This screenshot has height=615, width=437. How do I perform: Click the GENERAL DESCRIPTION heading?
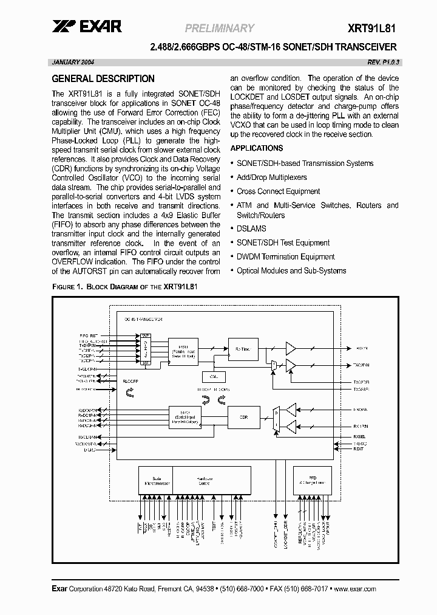pyautogui.click(x=103, y=78)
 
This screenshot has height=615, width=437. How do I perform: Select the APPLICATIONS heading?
pyautogui.click(x=257, y=148)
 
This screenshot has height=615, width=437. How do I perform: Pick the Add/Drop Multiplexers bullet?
pyautogui.click(x=271, y=177)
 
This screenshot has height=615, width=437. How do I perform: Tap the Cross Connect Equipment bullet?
pyautogui.click(x=279, y=191)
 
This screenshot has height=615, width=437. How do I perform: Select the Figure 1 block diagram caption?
pyautogui.click(x=126, y=286)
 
